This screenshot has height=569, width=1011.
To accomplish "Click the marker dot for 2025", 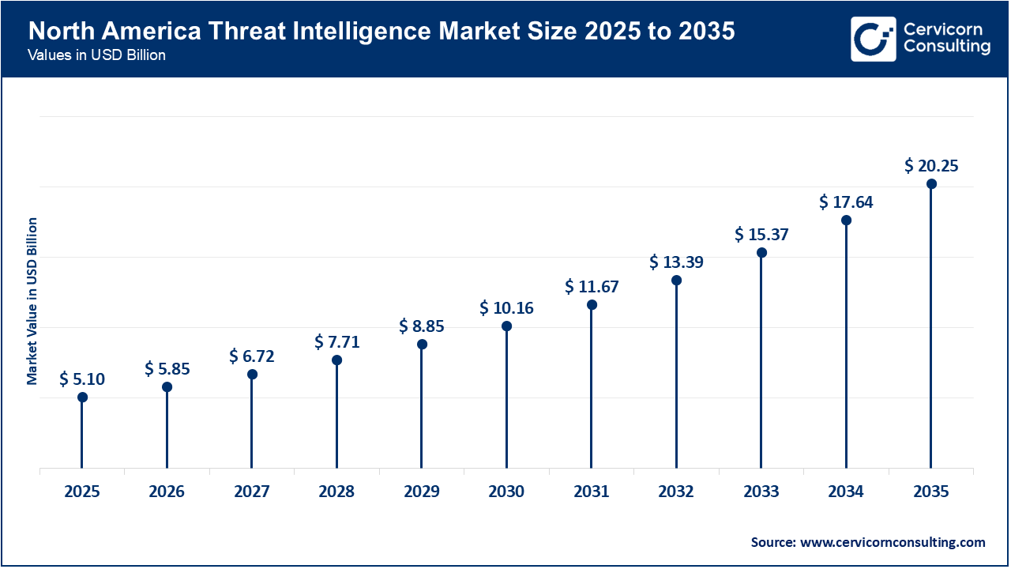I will click(x=82, y=398).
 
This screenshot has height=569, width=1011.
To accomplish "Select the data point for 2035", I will click(x=931, y=184).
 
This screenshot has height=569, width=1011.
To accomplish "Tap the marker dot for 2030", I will click(x=506, y=326).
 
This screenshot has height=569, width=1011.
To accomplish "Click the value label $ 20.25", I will click(x=931, y=166).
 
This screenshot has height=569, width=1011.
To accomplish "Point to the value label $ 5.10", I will click(x=82, y=379).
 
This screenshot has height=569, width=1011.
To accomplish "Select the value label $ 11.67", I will click(x=592, y=287).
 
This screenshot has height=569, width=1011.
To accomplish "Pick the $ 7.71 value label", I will click(x=336, y=341).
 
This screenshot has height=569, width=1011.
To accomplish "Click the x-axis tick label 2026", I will click(x=167, y=492).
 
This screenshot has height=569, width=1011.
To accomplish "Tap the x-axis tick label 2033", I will click(x=761, y=492).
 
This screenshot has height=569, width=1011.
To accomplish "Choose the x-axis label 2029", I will click(x=422, y=492).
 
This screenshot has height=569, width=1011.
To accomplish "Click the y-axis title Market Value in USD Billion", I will click(x=32, y=300).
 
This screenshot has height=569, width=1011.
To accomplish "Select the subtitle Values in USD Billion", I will click(x=96, y=56).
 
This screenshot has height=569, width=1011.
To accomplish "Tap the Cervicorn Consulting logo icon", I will click(x=874, y=39).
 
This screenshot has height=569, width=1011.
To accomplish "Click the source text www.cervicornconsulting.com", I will click(x=893, y=542).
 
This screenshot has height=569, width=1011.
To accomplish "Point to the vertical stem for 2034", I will click(x=846, y=348).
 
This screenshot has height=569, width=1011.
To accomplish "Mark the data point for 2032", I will click(x=676, y=281).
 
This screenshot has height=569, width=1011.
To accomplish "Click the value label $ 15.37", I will click(x=761, y=235).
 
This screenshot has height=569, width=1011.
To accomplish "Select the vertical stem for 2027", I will click(x=252, y=423).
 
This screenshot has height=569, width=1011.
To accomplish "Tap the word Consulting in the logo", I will click(x=946, y=47).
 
